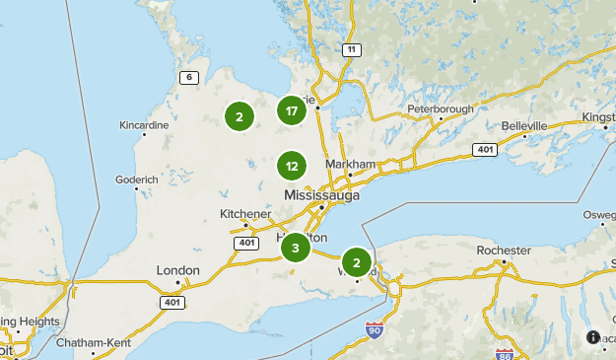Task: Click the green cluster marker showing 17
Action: click(x=292, y=110)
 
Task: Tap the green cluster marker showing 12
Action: click(x=292, y=166)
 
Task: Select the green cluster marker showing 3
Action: click(x=295, y=247)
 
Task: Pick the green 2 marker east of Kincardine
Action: click(x=239, y=116)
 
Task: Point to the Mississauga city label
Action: click(x=321, y=195)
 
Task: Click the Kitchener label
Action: click(x=244, y=214)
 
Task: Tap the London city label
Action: click(x=178, y=270)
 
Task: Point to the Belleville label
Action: click(x=523, y=126)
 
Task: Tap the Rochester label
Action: click(x=504, y=251)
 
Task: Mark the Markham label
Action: click(x=355, y=164)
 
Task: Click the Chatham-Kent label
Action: click(x=94, y=343)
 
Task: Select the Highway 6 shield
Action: click(x=186, y=77)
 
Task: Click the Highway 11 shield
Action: click(x=349, y=48)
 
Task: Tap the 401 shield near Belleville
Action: click(x=484, y=149)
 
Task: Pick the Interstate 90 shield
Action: click(x=375, y=328)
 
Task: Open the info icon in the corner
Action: click(x=592, y=336)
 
